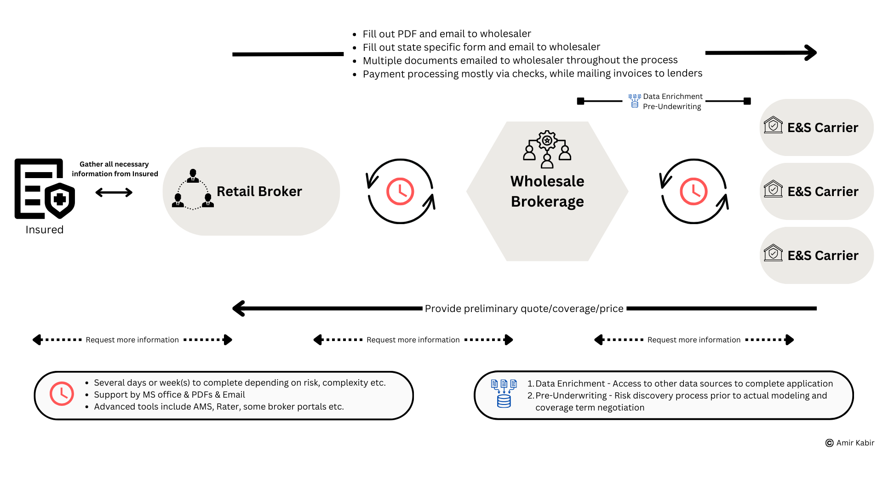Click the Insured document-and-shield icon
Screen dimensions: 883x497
(x=45, y=189)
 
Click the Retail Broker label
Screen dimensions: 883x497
(x=259, y=191)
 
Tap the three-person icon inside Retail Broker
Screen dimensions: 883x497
(x=193, y=189)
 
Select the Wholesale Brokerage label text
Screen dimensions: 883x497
(x=547, y=191)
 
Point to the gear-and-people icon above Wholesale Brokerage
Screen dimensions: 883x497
(x=547, y=150)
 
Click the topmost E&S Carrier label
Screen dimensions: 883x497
(x=823, y=127)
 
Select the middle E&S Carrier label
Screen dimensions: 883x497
(x=823, y=191)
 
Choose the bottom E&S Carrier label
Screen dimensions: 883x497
(x=823, y=255)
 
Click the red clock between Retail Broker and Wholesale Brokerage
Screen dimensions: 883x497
(x=400, y=191)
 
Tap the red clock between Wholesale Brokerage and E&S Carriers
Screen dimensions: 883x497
(x=694, y=191)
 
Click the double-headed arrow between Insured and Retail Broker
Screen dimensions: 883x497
(x=114, y=192)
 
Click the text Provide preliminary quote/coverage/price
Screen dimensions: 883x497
(x=524, y=309)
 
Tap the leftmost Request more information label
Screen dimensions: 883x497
(x=132, y=340)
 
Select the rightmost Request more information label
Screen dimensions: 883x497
(x=694, y=340)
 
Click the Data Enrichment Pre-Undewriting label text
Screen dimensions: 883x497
(x=672, y=101)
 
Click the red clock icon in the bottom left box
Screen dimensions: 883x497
(x=62, y=393)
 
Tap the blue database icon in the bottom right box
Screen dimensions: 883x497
(x=504, y=394)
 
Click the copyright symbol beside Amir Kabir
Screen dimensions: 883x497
(x=830, y=443)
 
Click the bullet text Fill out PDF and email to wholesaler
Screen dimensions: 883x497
(x=447, y=34)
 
